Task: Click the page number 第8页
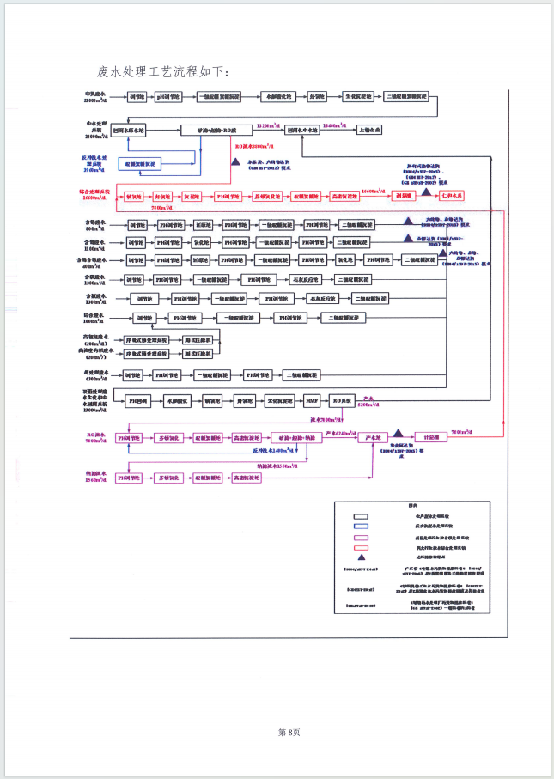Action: click(289, 732)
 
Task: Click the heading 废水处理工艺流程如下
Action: click(164, 71)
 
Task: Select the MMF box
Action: click(311, 401)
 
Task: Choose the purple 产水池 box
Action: click(374, 437)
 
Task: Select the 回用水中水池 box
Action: click(306, 130)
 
